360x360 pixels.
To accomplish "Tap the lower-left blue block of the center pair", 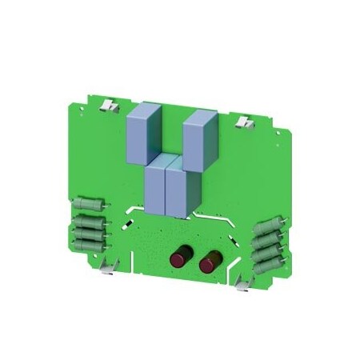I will [156, 189].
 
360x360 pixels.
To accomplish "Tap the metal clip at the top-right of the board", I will [244, 122].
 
